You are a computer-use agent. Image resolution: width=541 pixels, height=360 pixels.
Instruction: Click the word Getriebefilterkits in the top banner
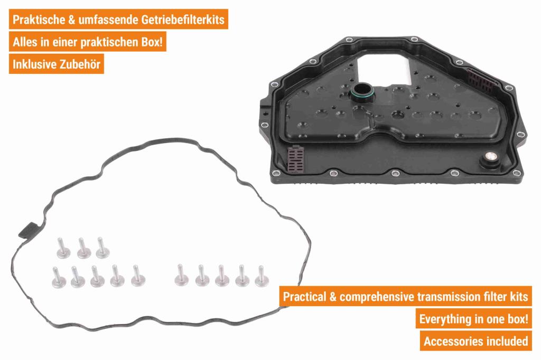point(183,20)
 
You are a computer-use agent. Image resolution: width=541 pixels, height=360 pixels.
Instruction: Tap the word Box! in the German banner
point(152,42)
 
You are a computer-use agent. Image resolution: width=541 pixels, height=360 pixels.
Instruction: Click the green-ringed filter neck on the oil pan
point(362,92)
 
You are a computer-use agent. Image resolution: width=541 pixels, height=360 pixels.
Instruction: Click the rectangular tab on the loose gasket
point(27,230)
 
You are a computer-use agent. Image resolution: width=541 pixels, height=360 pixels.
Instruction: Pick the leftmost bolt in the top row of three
point(63,248)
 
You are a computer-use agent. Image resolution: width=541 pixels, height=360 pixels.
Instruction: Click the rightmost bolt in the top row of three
point(102,248)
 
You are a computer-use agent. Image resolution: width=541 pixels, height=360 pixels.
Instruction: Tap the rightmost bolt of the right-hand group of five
point(262,276)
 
